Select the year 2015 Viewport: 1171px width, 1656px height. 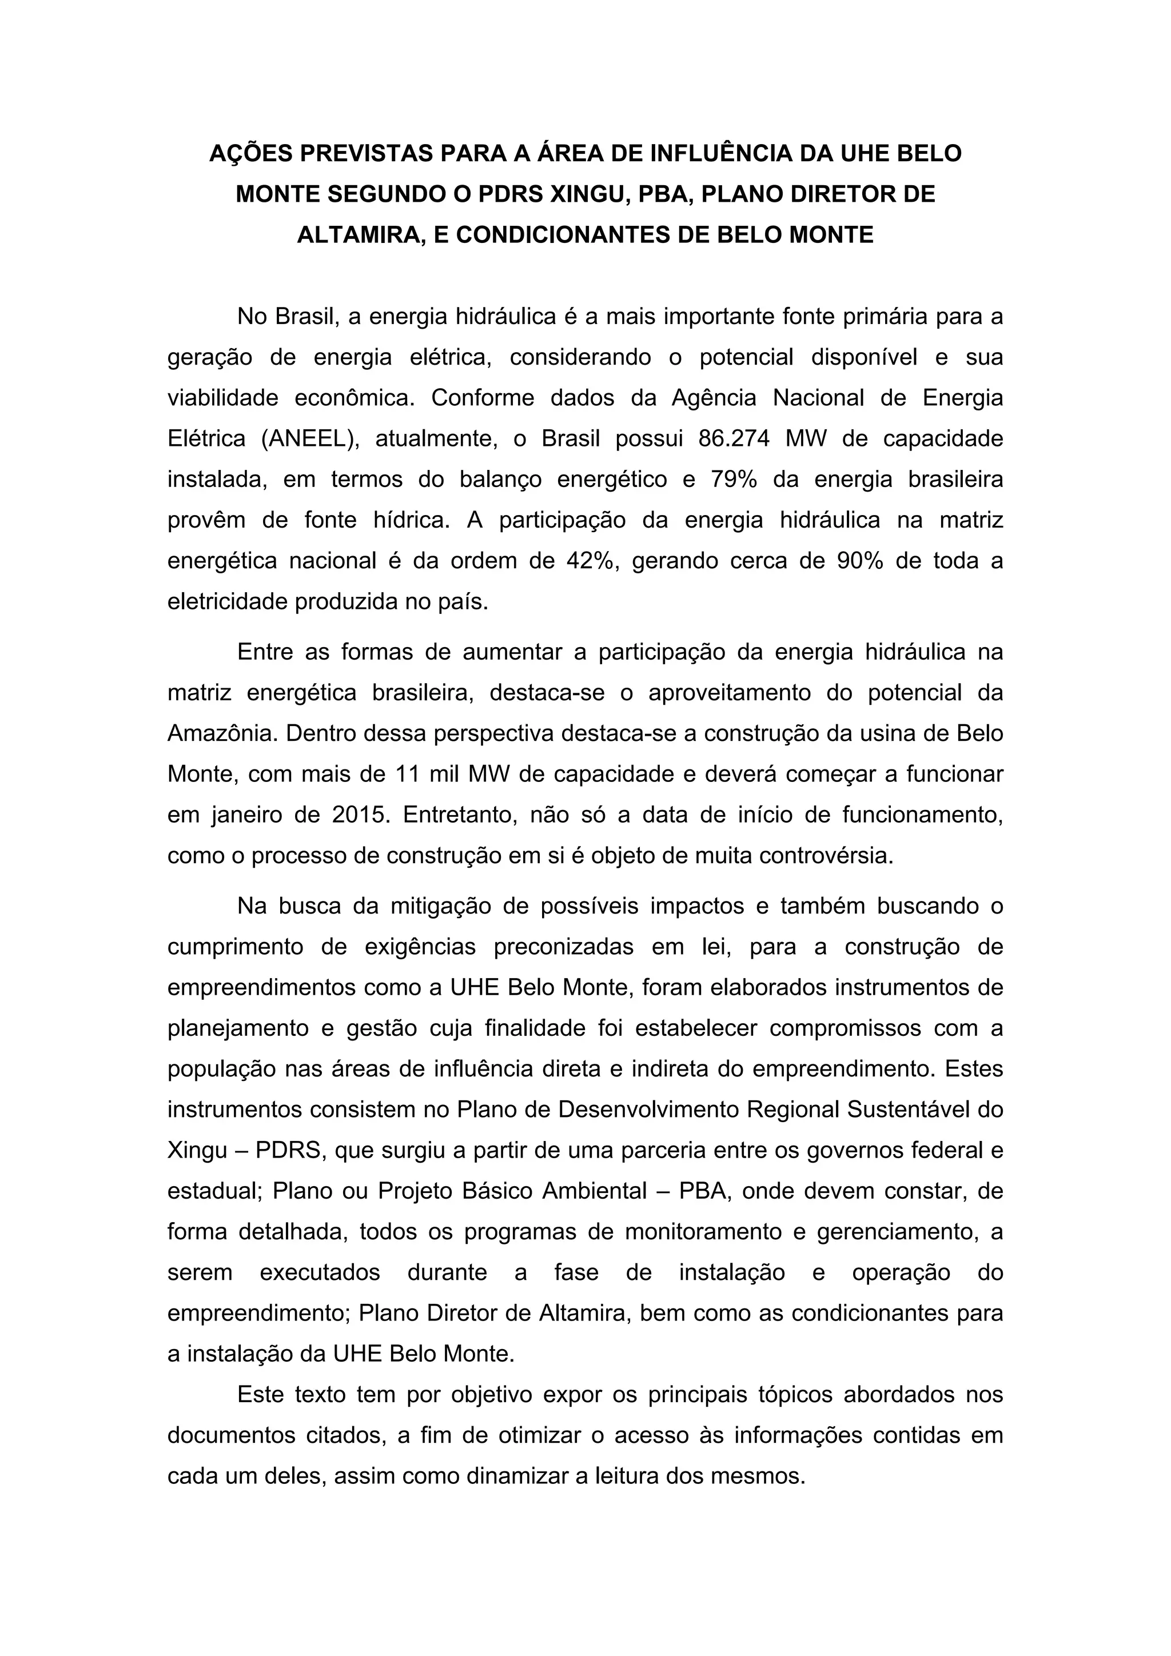coord(361,815)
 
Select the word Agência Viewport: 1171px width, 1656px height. coord(714,398)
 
